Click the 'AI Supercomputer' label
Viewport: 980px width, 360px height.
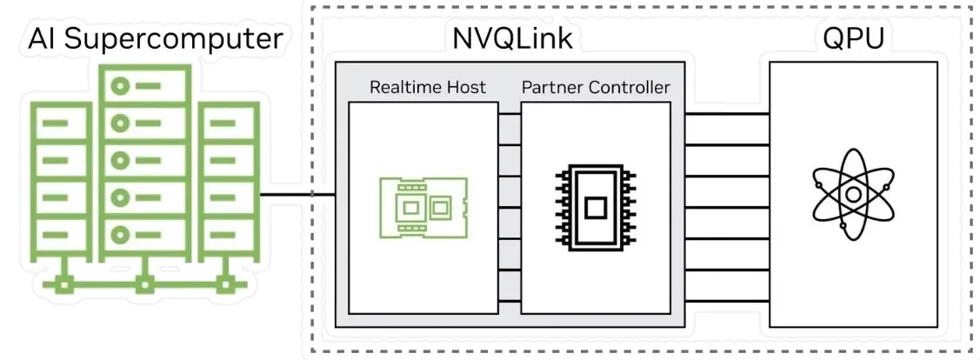click(156, 38)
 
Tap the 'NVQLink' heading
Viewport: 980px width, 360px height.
click(511, 38)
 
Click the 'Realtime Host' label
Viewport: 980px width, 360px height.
click(427, 87)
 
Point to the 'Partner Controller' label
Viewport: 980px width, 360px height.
click(596, 87)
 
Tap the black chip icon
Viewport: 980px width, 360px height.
click(596, 207)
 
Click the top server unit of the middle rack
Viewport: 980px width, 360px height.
click(144, 87)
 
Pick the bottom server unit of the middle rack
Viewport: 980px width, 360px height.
click(144, 234)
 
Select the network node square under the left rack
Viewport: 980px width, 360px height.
click(63, 283)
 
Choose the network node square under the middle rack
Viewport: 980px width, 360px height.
click(144, 283)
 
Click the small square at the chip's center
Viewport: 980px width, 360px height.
click(596, 207)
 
